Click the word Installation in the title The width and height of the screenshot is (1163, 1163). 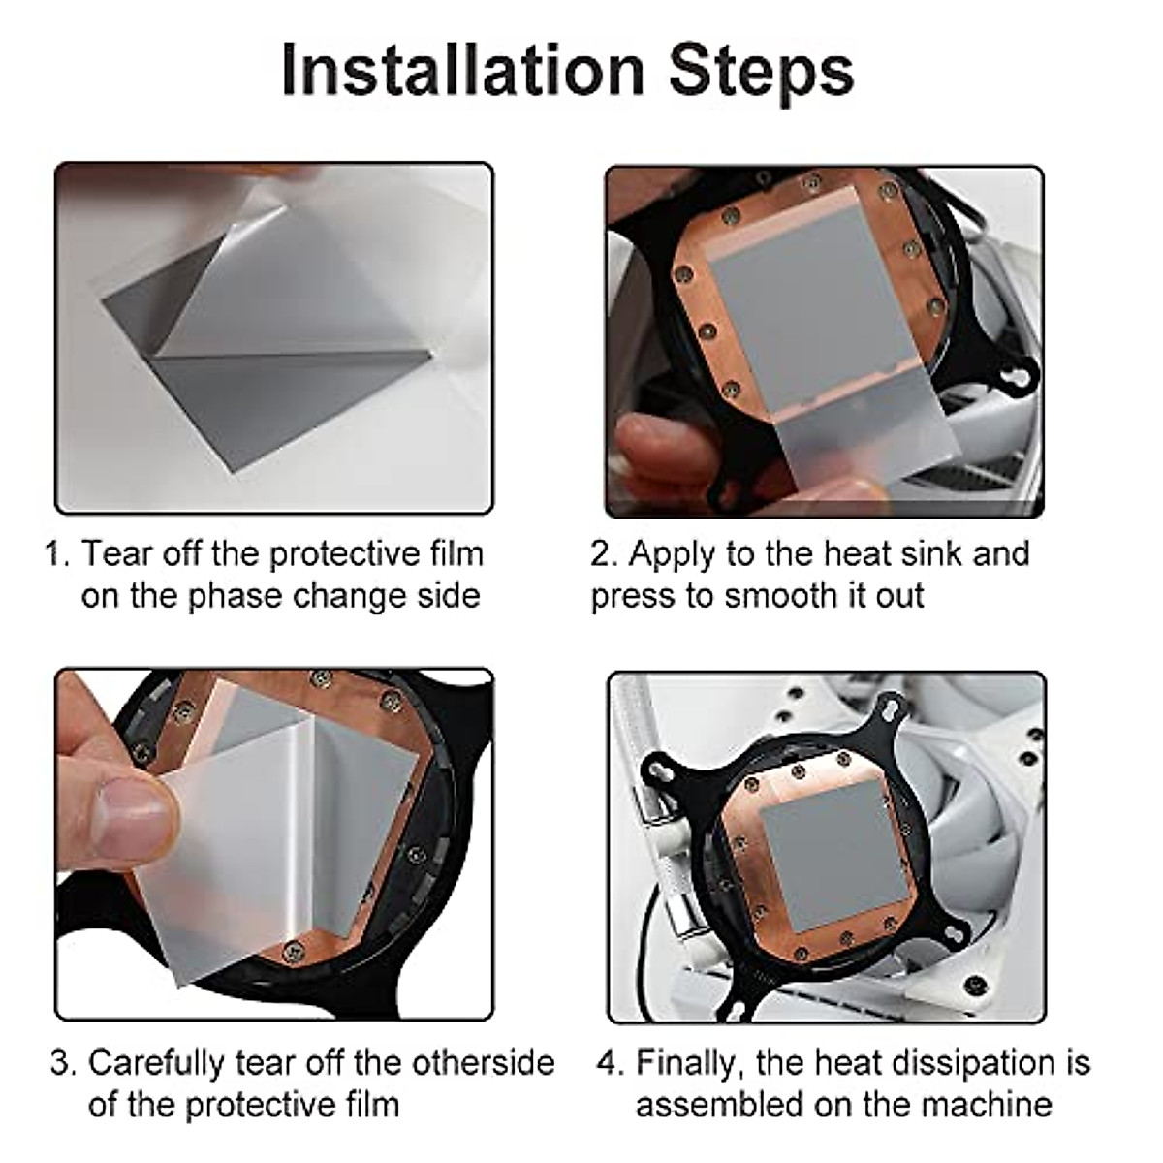[462, 70]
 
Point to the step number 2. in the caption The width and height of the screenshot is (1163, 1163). [604, 554]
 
